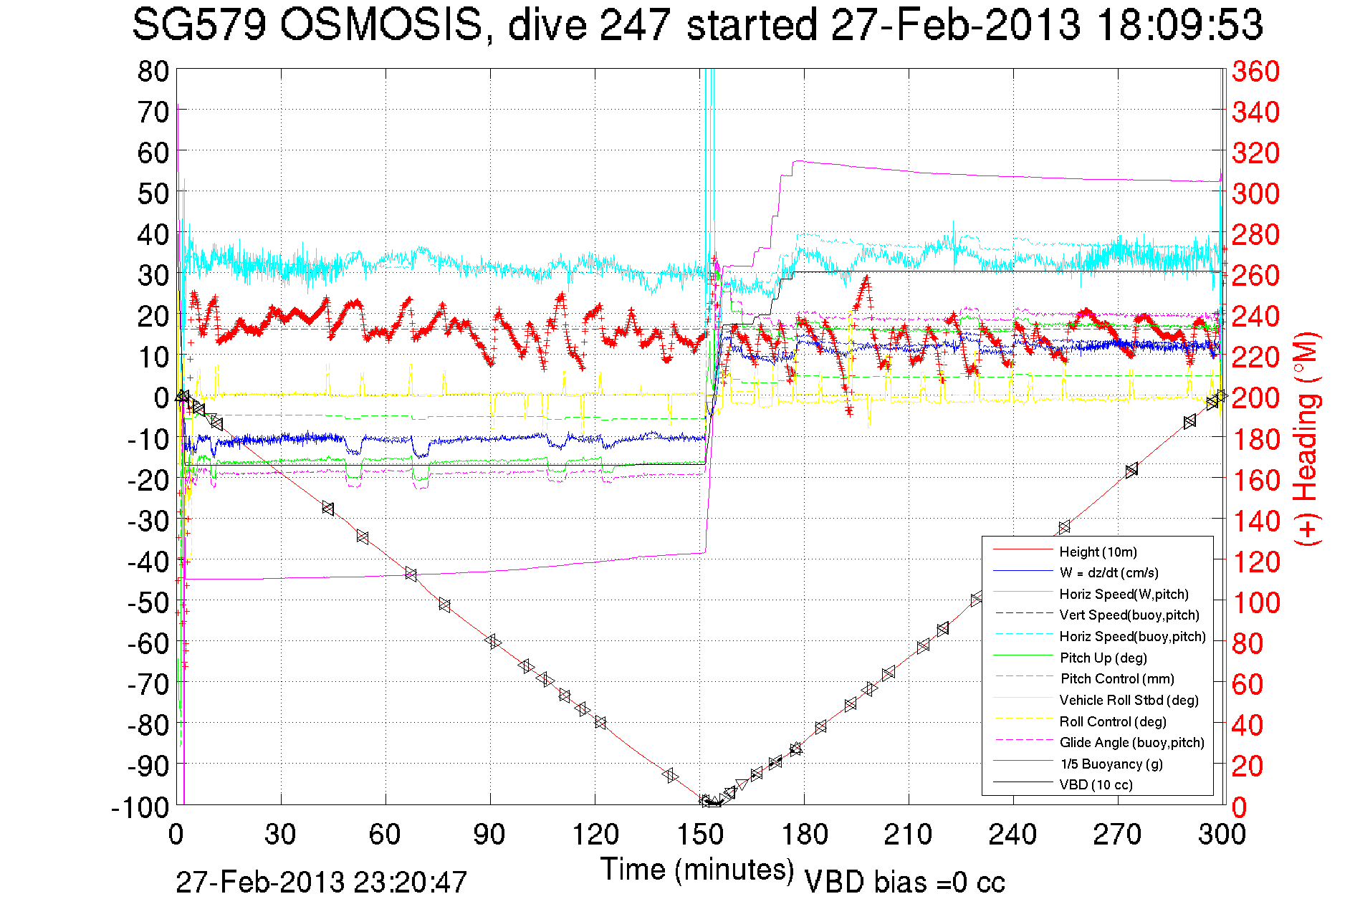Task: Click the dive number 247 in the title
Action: pos(636,26)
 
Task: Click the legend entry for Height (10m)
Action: pos(1098,552)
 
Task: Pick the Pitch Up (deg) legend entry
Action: pos(1103,658)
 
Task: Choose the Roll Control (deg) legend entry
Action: pos(1112,721)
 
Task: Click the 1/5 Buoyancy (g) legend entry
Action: pos(1111,764)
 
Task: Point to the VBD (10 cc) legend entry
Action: pos(1096,784)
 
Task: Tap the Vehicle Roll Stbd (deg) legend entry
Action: pos(1129,700)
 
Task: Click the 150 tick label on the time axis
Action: pos(700,835)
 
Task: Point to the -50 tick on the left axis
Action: pos(148,603)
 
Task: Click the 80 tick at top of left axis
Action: pos(153,72)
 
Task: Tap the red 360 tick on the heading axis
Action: pos(1255,72)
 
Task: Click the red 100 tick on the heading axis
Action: pos(1255,603)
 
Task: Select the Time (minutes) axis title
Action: pos(696,870)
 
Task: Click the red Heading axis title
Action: pos(1306,438)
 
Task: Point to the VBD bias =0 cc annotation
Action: pos(904,883)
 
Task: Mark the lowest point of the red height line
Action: pos(711,803)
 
